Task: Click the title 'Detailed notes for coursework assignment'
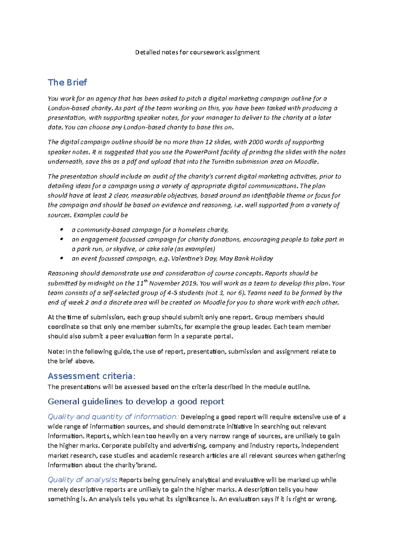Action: tap(197, 52)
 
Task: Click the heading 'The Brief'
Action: tap(67, 82)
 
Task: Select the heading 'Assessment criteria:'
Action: tap(92, 376)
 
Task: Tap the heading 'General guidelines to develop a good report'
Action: tap(136, 402)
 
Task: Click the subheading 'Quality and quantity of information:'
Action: tap(113, 417)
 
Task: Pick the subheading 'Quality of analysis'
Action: tap(81, 480)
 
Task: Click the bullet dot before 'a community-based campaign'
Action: tap(62, 230)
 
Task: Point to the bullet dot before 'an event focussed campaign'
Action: tap(62, 258)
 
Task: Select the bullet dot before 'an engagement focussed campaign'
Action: tap(62, 239)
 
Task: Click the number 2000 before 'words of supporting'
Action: tap(256, 142)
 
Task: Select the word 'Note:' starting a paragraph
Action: tap(56, 352)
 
